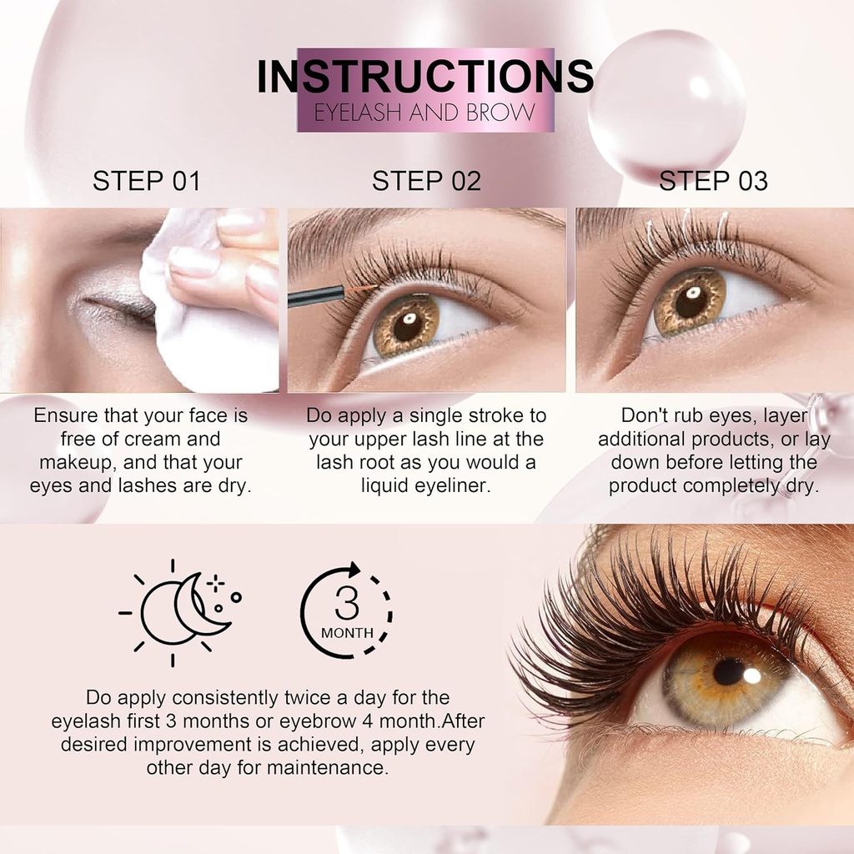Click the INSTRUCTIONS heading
pyautogui.click(x=425, y=77)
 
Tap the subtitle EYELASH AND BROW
pyautogui.click(x=424, y=113)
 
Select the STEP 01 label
pyautogui.click(x=147, y=181)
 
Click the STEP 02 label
pyautogui.click(x=426, y=181)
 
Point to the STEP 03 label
pyautogui.click(x=713, y=181)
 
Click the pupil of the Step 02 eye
pyautogui.click(x=408, y=326)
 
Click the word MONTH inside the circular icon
pyautogui.click(x=347, y=633)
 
